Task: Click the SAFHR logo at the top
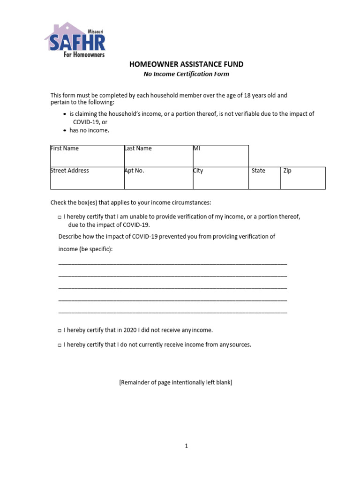75,40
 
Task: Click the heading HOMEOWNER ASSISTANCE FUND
187,64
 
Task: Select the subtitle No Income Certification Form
186,74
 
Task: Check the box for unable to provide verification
60,217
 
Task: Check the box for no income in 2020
60,331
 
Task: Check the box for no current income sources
60,345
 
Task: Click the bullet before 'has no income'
65,130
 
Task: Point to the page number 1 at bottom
186,446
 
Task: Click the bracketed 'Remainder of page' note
176,382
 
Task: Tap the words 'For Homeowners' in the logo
84,54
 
